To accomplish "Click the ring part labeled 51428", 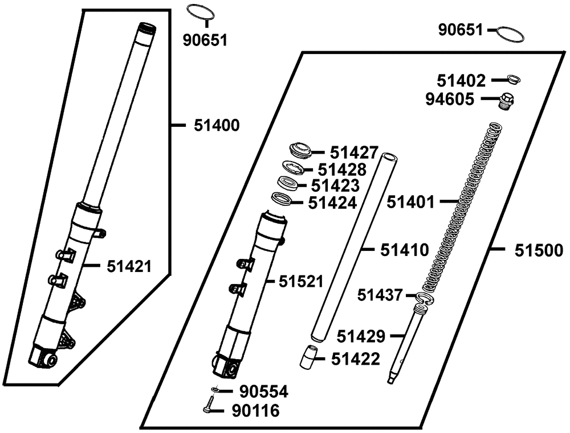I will click(294, 169).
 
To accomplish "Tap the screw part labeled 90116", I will click(209, 407).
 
